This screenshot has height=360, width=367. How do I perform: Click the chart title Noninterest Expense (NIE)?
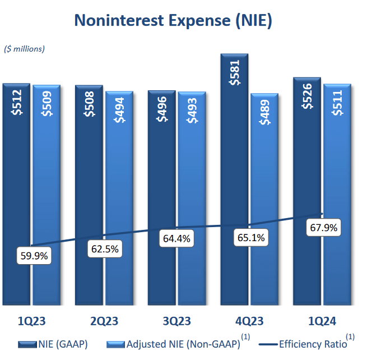(x=173, y=21)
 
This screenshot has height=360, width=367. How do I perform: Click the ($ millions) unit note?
(x=24, y=49)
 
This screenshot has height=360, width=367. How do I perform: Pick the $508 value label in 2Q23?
(x=89, y=104)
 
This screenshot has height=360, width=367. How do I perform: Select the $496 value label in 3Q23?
(x=162, y=106)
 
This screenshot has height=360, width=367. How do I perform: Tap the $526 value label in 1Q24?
(x=308, y=95)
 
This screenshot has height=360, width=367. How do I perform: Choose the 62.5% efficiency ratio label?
(x=104, y=249)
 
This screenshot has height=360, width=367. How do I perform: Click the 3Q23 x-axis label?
(x=176, y=321)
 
